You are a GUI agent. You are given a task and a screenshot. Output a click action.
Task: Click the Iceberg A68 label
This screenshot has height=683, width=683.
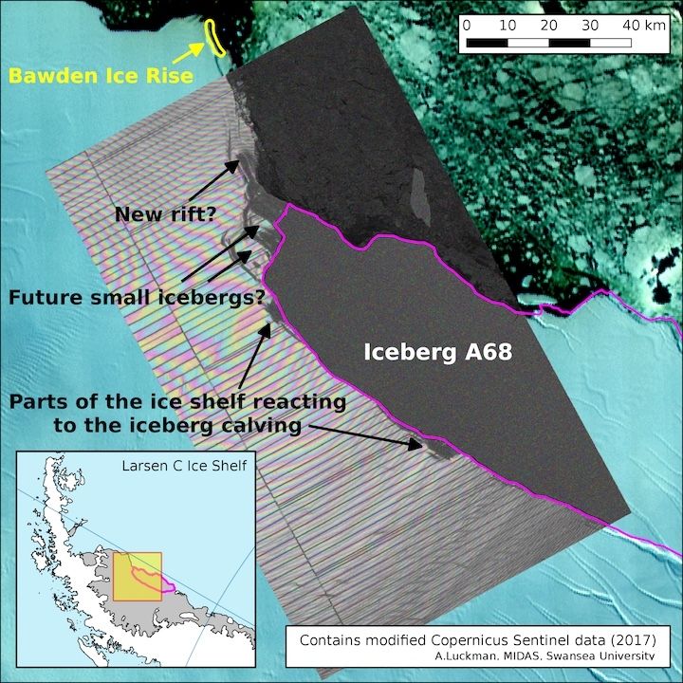[x=439, y=354]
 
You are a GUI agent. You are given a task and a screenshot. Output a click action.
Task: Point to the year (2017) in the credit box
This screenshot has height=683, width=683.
[x=640, y=640]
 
